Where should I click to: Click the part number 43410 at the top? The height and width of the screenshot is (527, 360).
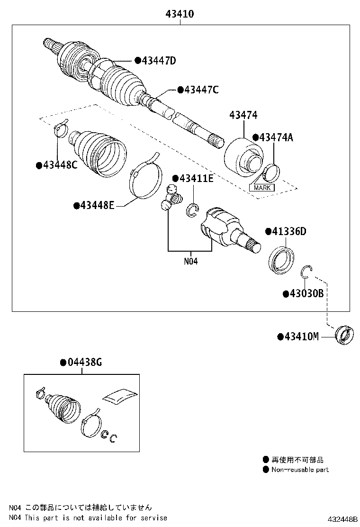coord(180,14)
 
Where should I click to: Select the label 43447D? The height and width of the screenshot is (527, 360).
coord(159,61)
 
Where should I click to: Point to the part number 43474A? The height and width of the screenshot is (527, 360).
coord(276,137)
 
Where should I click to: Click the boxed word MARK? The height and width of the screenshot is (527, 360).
coord(262,188)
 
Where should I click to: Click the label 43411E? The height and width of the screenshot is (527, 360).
coord(196,178)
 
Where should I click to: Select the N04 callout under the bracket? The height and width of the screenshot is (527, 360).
coord(191,261)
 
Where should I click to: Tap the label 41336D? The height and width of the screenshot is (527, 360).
coord(289,231)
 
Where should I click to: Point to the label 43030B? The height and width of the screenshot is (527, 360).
coord(306,293)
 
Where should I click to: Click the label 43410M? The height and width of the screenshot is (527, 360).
coord(301,336)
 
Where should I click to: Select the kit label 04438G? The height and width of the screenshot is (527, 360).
coord(85,362)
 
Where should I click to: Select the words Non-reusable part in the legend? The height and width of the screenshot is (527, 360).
coord(300,470)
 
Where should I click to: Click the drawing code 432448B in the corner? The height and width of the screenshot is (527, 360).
coord(342,519)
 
